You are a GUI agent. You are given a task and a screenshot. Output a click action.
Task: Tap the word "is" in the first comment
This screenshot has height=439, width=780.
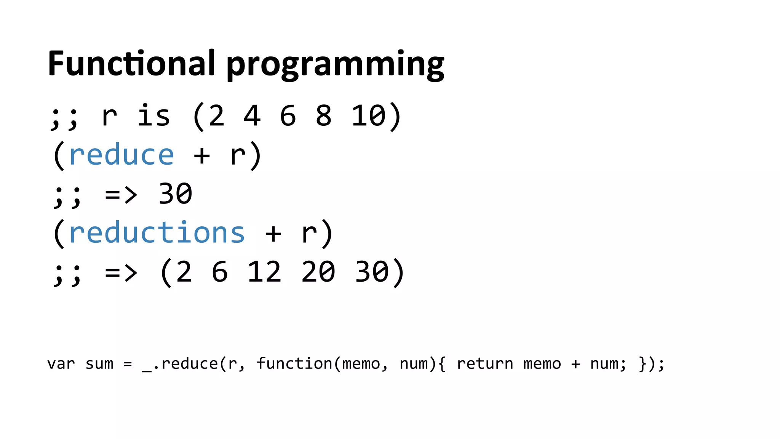pyautogui.click(x=153, y=116)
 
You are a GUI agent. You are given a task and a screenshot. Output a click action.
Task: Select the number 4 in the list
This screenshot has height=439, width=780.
pyautogui.click(x=252, y=116)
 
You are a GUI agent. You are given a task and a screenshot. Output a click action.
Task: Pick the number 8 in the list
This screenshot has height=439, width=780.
pyautogui.click(x=324, y=116)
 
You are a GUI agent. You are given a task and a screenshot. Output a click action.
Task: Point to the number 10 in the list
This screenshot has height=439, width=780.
pyautogui.click(x=368, y=116)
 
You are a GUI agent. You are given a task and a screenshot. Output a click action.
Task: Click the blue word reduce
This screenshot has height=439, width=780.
pyautogui.click(x=121, y=155)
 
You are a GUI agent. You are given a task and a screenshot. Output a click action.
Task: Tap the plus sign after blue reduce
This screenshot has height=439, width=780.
pyautogui.click(x=202, y=156)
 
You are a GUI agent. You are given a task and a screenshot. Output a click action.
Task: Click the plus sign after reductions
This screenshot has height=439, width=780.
pyautogui.click(x=273, y=234)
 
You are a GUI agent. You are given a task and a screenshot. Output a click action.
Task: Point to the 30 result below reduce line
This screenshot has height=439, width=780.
pyautogui.click(x=175, y=194)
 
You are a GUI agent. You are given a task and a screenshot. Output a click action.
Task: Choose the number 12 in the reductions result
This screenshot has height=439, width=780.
pyautogui.click(x=264, y=272)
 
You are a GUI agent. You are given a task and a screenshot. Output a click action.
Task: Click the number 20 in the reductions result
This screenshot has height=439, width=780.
pyautogui.click(x=318, y=272)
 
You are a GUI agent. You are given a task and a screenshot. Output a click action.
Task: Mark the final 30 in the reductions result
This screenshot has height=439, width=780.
pyautogui.click(x=372, y=272)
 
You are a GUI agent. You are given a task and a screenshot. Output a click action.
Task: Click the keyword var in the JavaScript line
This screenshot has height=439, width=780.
pyautogui.click(x=61, y=364)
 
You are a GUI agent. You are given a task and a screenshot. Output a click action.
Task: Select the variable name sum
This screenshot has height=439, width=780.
pyautogui.click(x=99, y=364)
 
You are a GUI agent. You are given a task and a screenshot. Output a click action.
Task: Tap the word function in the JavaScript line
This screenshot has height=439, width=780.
pyautogui.click(x=294, y=364)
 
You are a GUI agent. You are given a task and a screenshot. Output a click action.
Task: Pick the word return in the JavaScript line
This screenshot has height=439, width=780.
pyautogui.click(x=485, y=364)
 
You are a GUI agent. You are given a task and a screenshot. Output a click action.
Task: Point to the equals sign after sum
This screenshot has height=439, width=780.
pyautogui.click(x=128, y=364)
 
